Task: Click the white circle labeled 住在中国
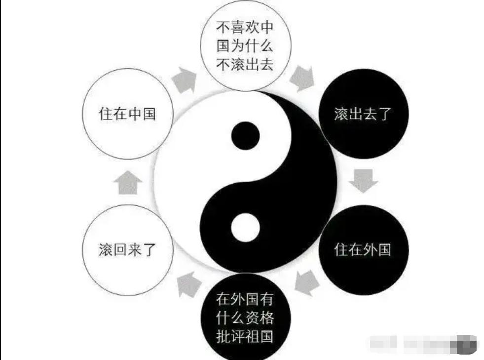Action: (x=127, y=114)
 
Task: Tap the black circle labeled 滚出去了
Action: (x=363, y=114)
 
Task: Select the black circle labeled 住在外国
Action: (x=363, y=249)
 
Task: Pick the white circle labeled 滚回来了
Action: (x=127, y=249)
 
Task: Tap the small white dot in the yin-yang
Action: (x=245, y=227)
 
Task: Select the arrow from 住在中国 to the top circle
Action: (x=184, y=79)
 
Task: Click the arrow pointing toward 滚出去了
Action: (x=302, y=78)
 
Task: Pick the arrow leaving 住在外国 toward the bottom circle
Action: (x=307, y=282)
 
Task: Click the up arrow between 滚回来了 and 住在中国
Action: (x=127, y=183)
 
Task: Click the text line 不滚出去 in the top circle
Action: (x=245, y=64)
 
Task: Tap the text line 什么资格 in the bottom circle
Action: (x=245, y=318)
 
